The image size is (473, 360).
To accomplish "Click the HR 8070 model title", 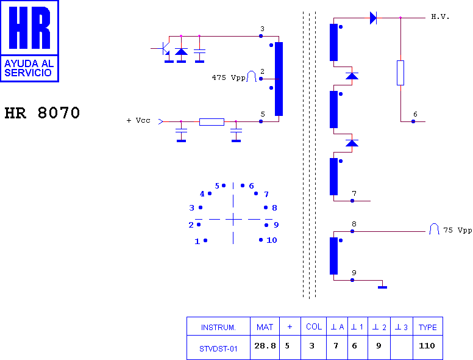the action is coord(42,113).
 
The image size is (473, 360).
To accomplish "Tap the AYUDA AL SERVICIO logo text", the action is coord(29,68).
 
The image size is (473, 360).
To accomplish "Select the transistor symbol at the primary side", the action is coord(163,49).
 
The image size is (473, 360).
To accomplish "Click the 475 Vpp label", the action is coord(229,77).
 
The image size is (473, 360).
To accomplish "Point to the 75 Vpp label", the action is coord(458,230).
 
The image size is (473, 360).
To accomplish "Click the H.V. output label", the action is coord(440,17).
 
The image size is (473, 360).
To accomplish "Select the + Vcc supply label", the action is coord(138,120).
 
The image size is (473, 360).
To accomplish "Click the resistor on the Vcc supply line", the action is coord(212,121).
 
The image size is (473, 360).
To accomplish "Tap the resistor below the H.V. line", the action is coord(400,73).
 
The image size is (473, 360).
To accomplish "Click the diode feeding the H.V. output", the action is coord(373,18).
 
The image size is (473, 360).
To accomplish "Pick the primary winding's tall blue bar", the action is coord(279,79).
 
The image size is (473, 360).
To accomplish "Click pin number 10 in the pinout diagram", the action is coord(272,240).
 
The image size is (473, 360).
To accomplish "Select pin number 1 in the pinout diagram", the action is coord(197,241).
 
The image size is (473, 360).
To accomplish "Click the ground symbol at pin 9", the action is coord(383,287).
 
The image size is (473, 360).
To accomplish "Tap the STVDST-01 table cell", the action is coord(218,349).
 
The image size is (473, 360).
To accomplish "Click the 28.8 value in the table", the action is coord(265,345).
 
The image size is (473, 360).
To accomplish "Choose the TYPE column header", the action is coord(428,328).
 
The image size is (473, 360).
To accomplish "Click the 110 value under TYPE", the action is coord(427,345).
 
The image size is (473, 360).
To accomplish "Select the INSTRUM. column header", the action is coord(218,328).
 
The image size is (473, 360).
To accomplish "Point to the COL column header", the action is coord(314,327).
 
